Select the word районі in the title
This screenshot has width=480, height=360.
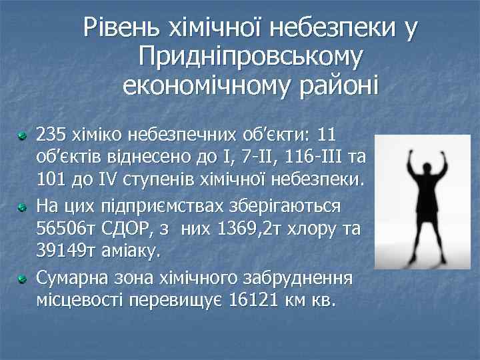(334, 85)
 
